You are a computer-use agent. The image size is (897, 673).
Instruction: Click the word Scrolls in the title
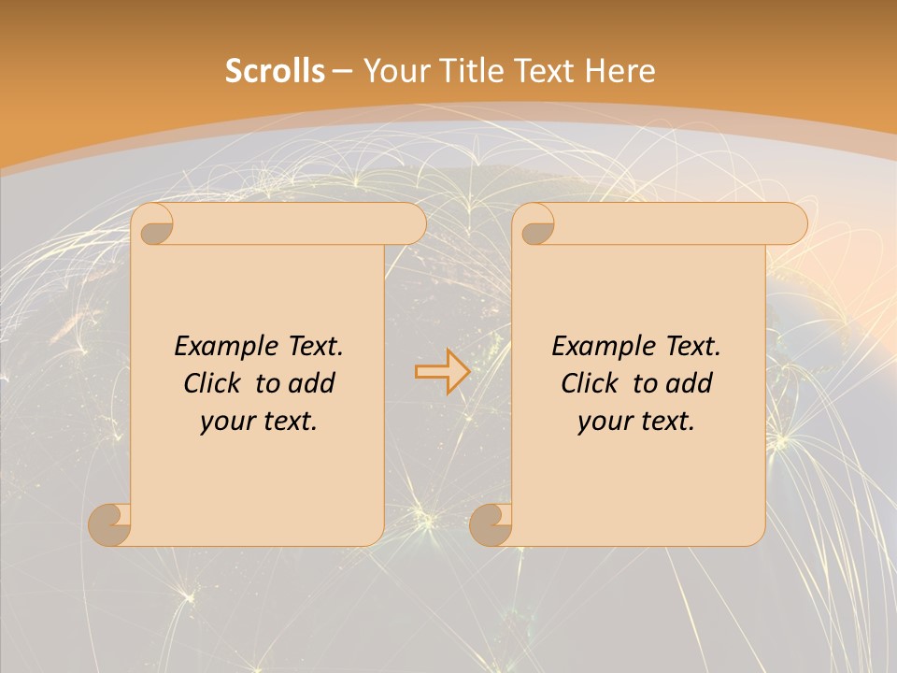click(x=275, y=70)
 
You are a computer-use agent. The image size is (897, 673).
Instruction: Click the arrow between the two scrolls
click(x=441, y=371)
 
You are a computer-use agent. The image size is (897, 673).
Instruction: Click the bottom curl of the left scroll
click(x=109, y=524)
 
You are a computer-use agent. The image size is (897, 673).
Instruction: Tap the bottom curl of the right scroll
click(x=491, y=524)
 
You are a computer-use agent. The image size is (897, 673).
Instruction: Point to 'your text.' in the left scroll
click(x=258, y=421)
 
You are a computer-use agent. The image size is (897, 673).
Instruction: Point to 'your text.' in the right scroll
click(x=635, y=421)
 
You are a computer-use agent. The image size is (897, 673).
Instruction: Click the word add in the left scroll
click(x=311, y=383)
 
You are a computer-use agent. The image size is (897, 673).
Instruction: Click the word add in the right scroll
click(x=689, y=383)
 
